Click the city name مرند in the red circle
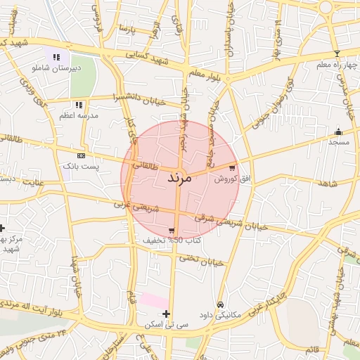(x=180, y=177)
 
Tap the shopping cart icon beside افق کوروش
(x=232, y=169)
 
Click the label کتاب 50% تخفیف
(x=172, y=240)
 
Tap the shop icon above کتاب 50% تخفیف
(x=172, y=231)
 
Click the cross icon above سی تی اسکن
(x=166, y=314)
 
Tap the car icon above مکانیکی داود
(x=221, y=304)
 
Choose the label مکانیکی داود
(x=220, y=315)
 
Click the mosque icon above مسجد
(x=338, y=131)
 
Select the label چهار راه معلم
(x=336, y=65)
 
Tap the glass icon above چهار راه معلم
(x=337, y=54)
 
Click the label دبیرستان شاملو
(x=56, y=68)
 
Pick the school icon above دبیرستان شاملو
(x=56, y=57)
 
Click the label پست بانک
(x=82, y=166)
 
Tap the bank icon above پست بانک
(x=82, y=155)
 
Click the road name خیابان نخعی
(x=200, y=259)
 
